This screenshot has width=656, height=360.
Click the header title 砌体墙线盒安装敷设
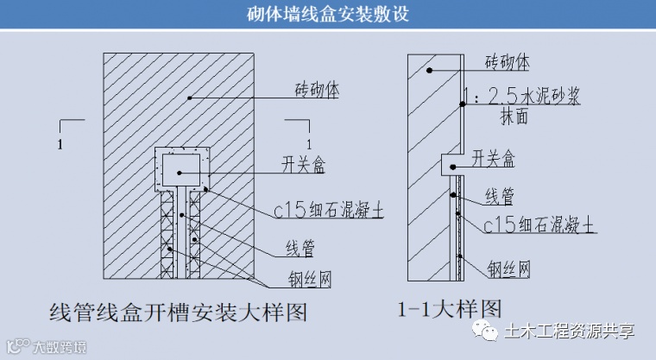tap(327, 15)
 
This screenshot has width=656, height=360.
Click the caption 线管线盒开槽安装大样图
tap(179, 312)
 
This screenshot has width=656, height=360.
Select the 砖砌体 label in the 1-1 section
tap(508, 62)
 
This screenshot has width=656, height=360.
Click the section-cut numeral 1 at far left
tap(59, 145)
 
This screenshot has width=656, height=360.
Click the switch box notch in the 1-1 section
tap(449, 161)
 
